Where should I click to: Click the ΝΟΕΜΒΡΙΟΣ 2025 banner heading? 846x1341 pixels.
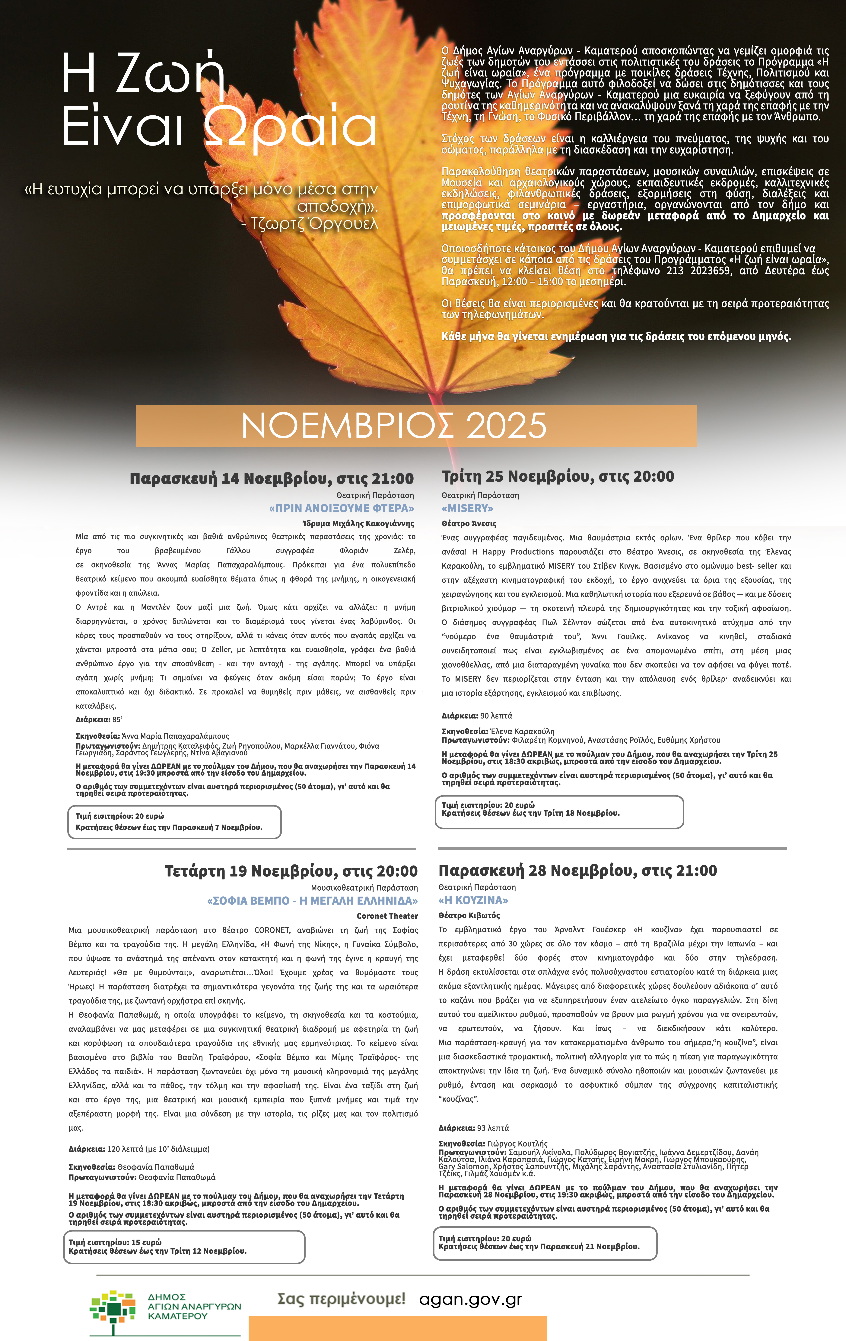394,426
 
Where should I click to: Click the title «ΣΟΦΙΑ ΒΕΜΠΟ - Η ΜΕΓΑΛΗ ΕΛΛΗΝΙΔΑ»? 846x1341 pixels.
312,901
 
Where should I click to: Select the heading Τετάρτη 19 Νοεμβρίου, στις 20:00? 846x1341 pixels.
291,871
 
